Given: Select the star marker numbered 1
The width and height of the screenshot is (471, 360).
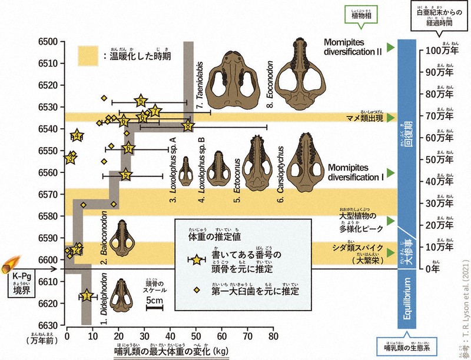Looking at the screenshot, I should (87, 295).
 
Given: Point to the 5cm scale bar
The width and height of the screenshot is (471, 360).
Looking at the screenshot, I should (155, 308).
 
